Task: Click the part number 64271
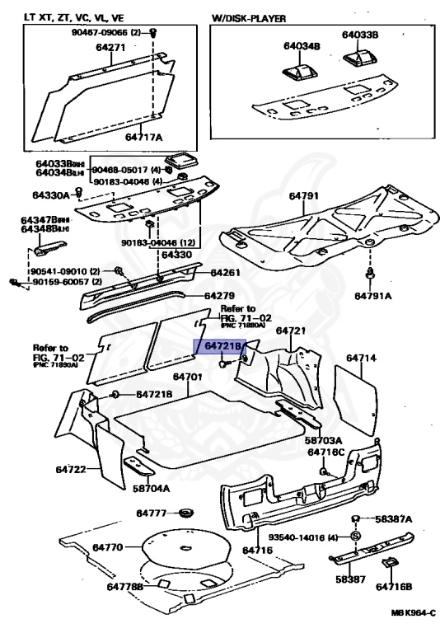coord(110,49)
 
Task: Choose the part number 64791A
coord(375,294)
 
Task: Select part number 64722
coord(72,469)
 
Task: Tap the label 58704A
coord(150,488)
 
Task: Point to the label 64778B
coord(124,586)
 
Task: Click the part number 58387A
coord(393,519)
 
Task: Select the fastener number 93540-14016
coord(309,537)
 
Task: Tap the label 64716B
coord(395,587)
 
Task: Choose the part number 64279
coord(219,295)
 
